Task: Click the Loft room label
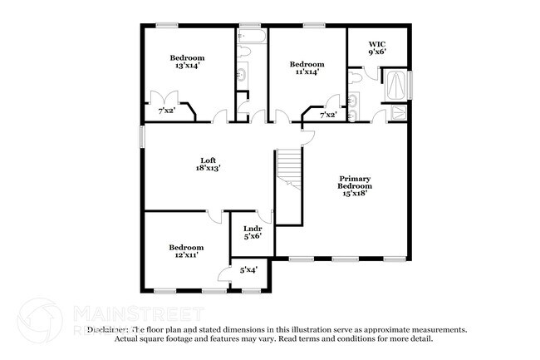click(209, 160)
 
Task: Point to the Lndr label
click(253, 229)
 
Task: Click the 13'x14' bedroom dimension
click(188, 66)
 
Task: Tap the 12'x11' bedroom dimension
click(186, 256)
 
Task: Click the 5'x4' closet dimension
click(248, 269)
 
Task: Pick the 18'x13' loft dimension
click(209, 168)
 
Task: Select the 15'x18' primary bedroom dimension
click(354, 194)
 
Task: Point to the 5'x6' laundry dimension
click(253, 238)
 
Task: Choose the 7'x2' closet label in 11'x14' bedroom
click(328, 115)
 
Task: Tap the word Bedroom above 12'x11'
click(186, 247)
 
